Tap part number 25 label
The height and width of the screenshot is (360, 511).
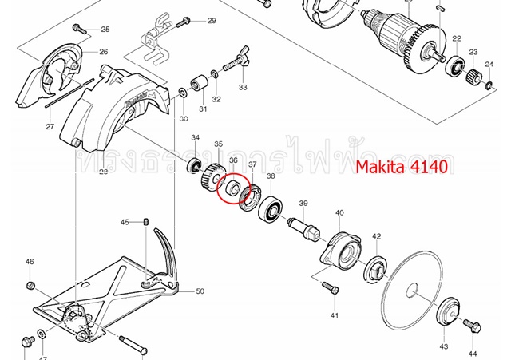pyautogui.click(x=105, y=30)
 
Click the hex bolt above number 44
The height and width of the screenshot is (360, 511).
pyautogui.click(x=469, y=326)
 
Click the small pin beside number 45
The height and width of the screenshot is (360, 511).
pyautogui.click(x=148, y=222)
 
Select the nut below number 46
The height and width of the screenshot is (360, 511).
pyautogui.click(x=30, y=285)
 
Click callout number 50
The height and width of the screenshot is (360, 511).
pyautogui.click(x=200, y=291)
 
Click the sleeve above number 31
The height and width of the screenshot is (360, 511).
pyautogui.click(x=197, y=84)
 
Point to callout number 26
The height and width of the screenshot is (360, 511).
pyautogui.click(x=103, y=52)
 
